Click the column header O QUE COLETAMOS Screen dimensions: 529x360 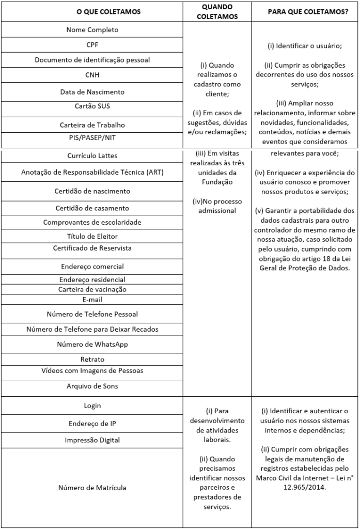coord(92,11)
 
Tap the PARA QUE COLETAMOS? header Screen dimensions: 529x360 coord(304,11)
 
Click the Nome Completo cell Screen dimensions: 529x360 coord(92,30)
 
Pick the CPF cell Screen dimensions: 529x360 coord(92,45)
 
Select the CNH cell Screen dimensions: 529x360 coord(92,75)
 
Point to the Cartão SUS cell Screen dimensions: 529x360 coord(92,106)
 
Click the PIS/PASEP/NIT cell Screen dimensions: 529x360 coord(92,137)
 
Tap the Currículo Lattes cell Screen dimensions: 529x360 coord(92,155)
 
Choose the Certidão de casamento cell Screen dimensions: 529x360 coord(92,208)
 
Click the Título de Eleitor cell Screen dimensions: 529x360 coord(92,236)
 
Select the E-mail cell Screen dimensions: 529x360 coord(92,299)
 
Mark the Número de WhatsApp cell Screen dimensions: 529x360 coord(92,344)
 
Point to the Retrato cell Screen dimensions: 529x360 coord(92,359)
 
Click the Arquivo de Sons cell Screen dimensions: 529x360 coord(92,386)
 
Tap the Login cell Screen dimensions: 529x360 coord(92,406)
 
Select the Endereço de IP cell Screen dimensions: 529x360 coord(92,424)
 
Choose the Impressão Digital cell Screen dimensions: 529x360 coord(92,440)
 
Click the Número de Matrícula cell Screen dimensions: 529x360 coord(92,487)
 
